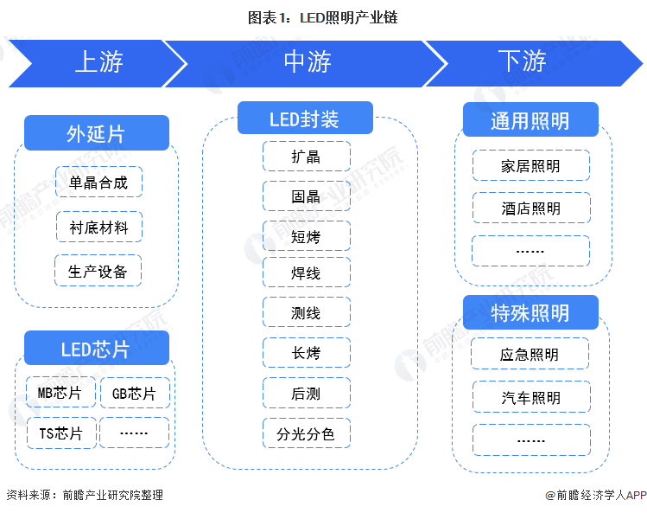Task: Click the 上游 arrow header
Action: pyautogui.click(x=98, y=62)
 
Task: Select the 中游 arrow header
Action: pyautogui.click(x=307, y=62)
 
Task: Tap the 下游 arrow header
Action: pyautogui.click(x=522, y=62)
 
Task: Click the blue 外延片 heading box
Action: pyautogui.click(x=96, y=134)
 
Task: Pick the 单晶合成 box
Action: pyautogui.click(x=98, y=183)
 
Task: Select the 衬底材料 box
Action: pyautogui.click(x=98, y=228)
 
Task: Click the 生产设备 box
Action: pyautogui.click(x=98, y=271)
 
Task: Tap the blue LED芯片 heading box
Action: pyautogui.click(x=96, y=349)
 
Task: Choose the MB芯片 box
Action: pyautogui.click(x=60, y=394)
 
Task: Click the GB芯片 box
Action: pyautogui.click(x=135, y=394)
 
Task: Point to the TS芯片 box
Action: pyautogui.click(x=60, y=433)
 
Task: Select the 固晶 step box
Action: pyautogui.click(x=306, y=196)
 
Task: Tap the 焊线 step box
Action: pyautogui.click(x=306, y=273)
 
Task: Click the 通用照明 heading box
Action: pyautogui.click(x=530, y=120)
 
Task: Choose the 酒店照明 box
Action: pyautogui.click(x=530, y=208)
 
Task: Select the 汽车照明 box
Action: pyautogui.click(x=530, y=397)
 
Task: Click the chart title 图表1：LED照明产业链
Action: pyautogui.click(x=322, y=16)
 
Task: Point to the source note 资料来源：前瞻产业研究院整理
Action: pyautogui.click(x=85, y=496)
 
